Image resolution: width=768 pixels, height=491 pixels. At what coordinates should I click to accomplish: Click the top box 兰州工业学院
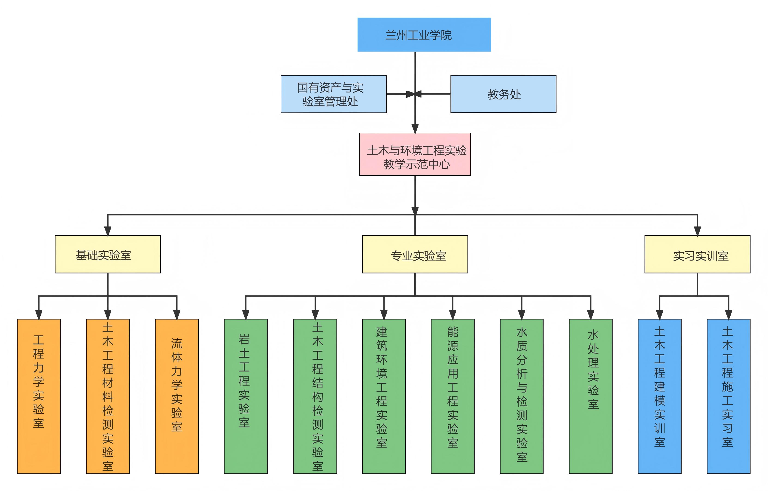tap(424, 34)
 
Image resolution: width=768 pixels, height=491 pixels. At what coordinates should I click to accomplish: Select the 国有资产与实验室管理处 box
tap(333, 94)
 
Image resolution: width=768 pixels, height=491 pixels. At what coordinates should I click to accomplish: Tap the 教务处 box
tap(503, 94)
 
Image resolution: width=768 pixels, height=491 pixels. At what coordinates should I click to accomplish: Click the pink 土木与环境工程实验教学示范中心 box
tap(415, 154)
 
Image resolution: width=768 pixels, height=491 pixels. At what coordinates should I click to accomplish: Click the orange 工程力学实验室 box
tap(39, 396)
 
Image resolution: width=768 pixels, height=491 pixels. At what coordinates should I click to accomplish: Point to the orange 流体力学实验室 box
tap(177, 396)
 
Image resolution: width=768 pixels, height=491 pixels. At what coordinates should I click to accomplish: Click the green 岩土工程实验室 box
tap(246, 396)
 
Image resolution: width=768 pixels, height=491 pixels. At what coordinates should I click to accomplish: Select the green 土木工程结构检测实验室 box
tap(315, 396)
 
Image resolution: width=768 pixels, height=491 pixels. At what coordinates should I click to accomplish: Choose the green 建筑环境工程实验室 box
tap(384, 396)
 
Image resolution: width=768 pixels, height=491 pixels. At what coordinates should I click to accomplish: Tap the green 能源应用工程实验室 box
tap(452, 396)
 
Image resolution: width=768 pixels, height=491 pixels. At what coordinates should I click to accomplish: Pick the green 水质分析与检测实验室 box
tap(522, 396)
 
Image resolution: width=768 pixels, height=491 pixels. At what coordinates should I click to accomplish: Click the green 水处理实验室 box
tap(590, 396)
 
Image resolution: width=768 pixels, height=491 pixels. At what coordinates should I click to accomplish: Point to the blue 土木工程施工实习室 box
tap(729, 396)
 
